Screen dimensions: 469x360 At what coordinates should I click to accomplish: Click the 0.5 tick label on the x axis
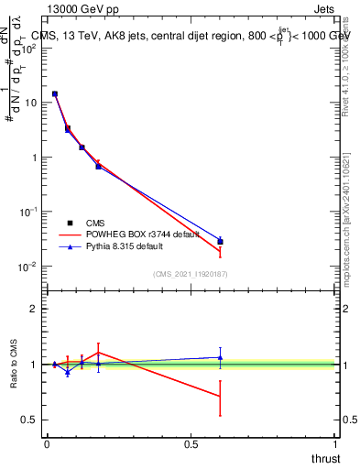point(191,444)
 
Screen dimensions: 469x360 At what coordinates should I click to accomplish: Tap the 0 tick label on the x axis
point(47,444)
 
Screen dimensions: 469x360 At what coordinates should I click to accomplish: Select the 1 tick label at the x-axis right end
point(336,444)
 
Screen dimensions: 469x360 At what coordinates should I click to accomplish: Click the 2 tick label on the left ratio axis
point(33,309)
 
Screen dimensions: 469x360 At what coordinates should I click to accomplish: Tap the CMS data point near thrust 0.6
point(220,242)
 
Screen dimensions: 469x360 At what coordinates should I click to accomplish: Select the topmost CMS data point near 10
point(55,93)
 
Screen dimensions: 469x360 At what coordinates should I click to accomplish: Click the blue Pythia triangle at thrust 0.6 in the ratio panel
point(220,357)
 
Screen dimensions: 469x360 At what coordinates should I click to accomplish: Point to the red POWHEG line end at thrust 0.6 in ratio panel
point(220,396)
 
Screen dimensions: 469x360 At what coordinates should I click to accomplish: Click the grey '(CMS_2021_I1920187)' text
point(191,275)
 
